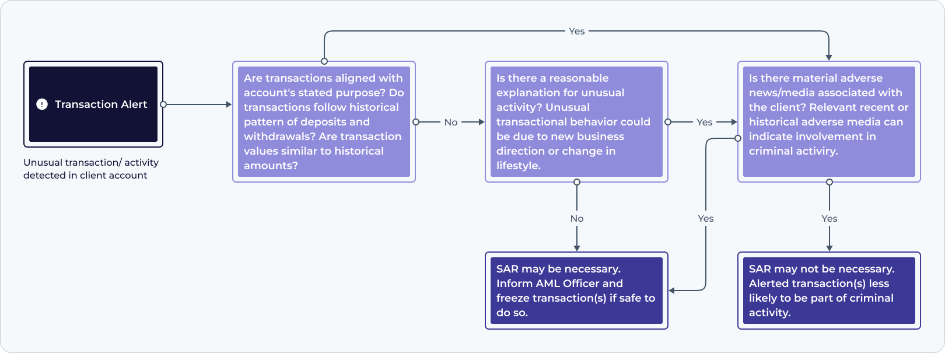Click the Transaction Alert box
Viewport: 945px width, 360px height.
(x=93, y=104)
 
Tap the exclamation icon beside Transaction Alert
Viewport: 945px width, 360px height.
(x=42, y=104)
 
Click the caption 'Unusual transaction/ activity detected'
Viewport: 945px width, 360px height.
(x=90, y=169)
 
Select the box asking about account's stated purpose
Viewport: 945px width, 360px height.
(x=324, y=121)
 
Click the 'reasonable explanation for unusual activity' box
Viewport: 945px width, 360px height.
(x=576, y=121)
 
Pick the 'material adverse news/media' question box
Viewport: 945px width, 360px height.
(x=828, y=121)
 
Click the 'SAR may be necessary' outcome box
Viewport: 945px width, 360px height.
(x=576, y=290)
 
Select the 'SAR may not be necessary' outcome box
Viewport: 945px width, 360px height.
(x=828, y=290)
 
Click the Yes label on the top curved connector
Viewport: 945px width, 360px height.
(x=576, y=32)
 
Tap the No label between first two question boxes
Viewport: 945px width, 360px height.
(x=451, y=123)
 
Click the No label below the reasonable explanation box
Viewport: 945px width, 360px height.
(x=577, y=218)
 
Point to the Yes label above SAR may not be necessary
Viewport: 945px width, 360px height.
(x=829, y=218)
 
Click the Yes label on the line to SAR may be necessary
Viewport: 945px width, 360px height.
(x=706, y=218)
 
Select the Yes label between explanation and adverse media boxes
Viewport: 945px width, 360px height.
(x=704, y=123)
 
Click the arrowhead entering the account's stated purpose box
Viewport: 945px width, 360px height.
(x=229, y=104)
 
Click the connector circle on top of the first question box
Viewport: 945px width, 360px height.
(x=324, y=61)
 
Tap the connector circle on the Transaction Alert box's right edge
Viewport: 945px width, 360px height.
(x=163, y=104)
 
